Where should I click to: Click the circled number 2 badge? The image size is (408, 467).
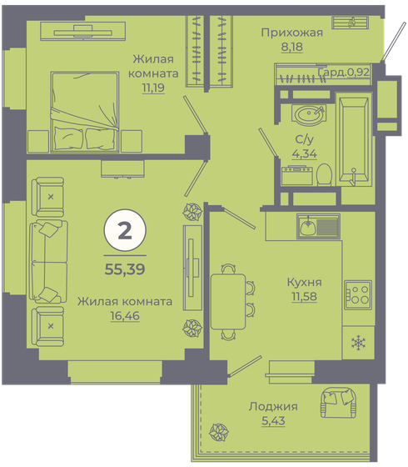124,231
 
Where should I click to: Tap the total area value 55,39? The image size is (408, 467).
124,269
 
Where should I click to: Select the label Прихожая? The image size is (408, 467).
291,33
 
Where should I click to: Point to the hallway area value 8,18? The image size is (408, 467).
291,48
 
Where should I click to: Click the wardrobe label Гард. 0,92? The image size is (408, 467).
344,73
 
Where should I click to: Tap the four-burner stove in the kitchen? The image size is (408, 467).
358,293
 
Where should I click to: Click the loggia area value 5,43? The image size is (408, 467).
272,420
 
